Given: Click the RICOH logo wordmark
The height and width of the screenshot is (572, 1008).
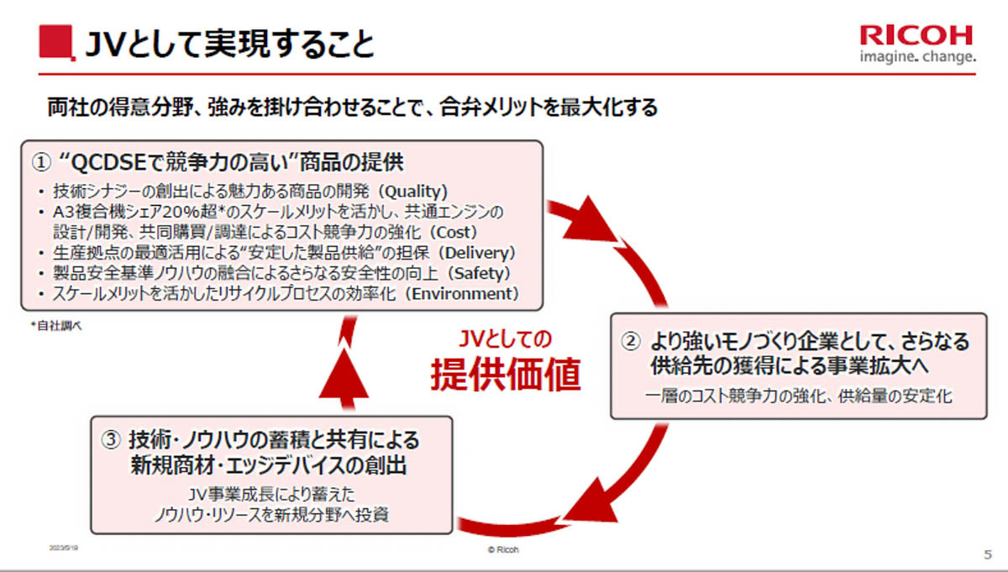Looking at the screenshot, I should click(916, 34).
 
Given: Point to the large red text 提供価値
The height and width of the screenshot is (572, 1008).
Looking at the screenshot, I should click(506, 375).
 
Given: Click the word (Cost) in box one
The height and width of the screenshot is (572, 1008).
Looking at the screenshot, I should click(458, 231).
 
